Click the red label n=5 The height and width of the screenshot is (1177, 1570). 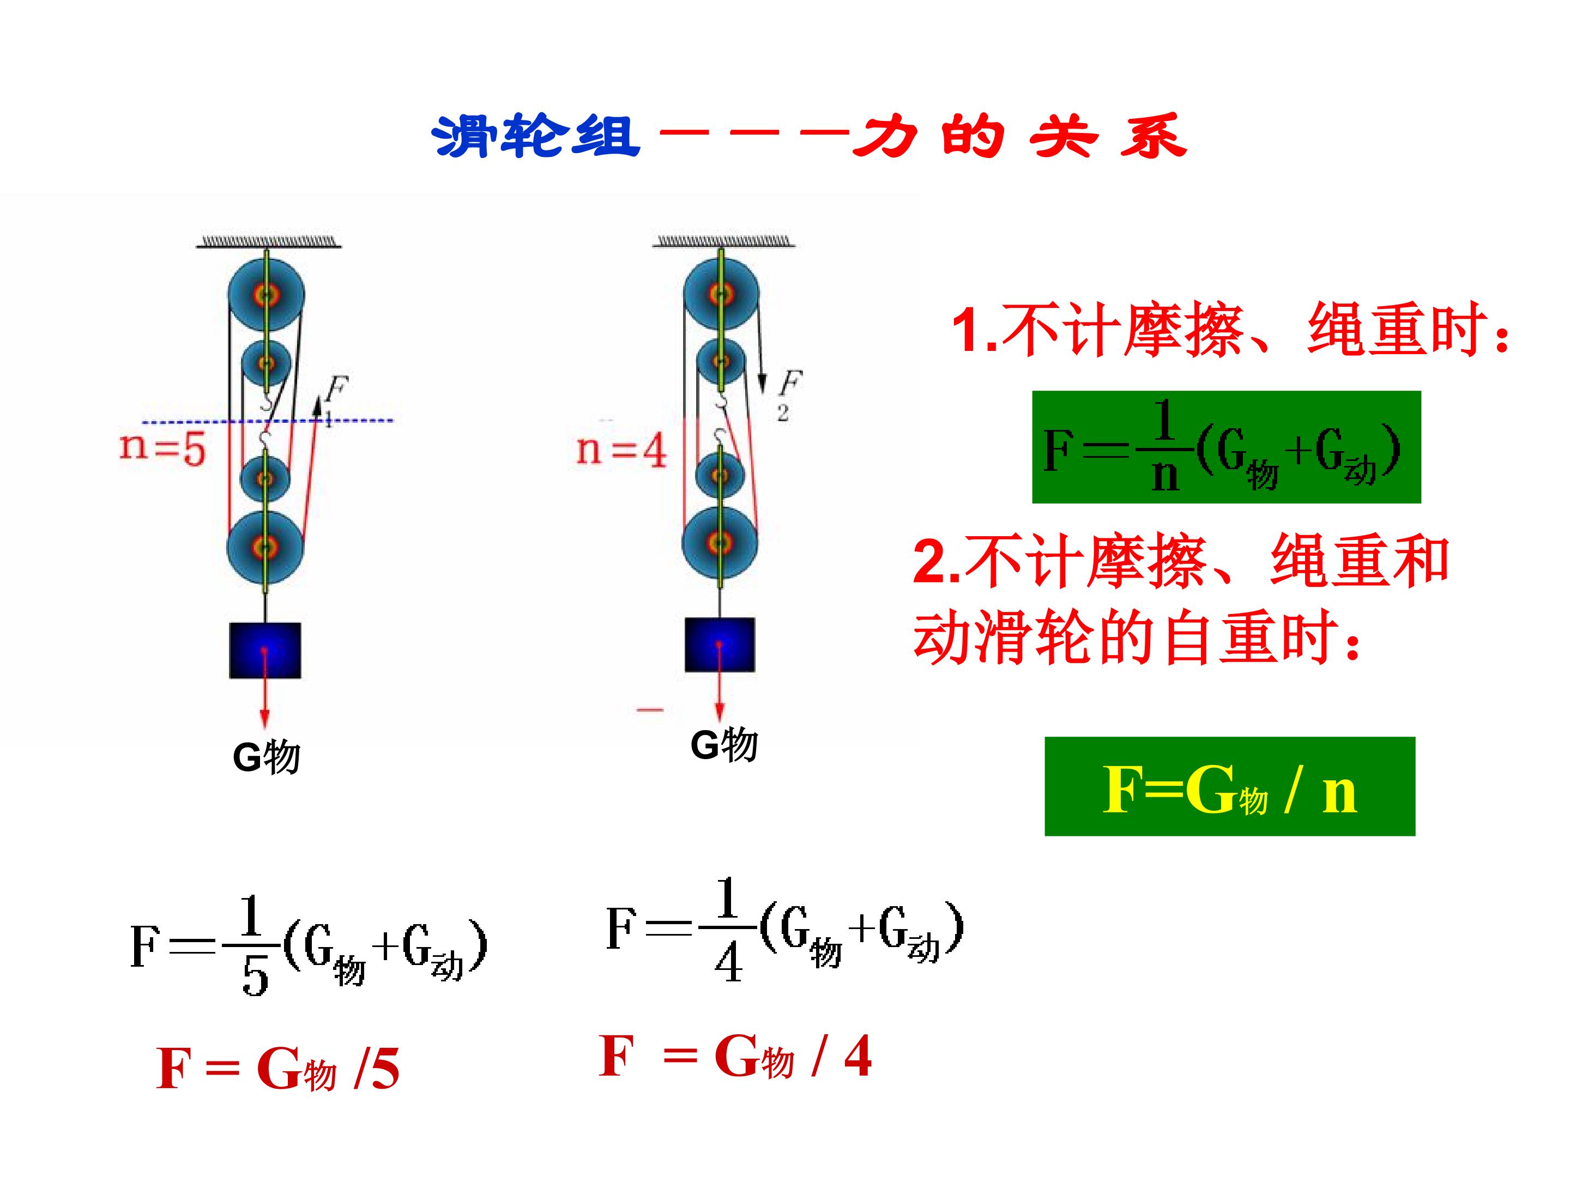(x=162, y=448)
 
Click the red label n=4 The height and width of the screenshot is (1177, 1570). (x=622, y=450)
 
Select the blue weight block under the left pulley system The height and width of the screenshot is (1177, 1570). (x=265, y=651)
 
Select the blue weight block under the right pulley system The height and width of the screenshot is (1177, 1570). (x=720, y=644)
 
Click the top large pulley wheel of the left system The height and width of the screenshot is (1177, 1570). (x=266, y=293)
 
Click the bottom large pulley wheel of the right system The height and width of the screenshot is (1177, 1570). (x=720, y=543)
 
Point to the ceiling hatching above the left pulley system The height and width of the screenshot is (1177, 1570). (x=268, y=242)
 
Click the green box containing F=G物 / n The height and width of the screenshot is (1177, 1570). (x=1229, y=786)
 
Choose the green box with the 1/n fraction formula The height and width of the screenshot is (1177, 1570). (x=1226, y=447)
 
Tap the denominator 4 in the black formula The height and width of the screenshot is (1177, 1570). (x=728, y=963)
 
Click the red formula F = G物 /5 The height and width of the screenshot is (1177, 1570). (x=277, y=1069)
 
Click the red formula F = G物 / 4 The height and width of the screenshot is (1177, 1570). (x=735, y=1055)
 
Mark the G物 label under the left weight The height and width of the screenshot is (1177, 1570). (x=266, y=757)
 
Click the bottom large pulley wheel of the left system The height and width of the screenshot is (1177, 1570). (x=265, y=547)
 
